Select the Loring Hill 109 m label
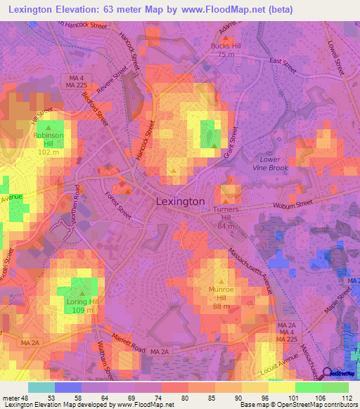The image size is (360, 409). click(82, 306)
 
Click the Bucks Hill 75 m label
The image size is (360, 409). click(225, 50)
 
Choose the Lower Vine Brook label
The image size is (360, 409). click(270, 164)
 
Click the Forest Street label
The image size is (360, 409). click(118, 203)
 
